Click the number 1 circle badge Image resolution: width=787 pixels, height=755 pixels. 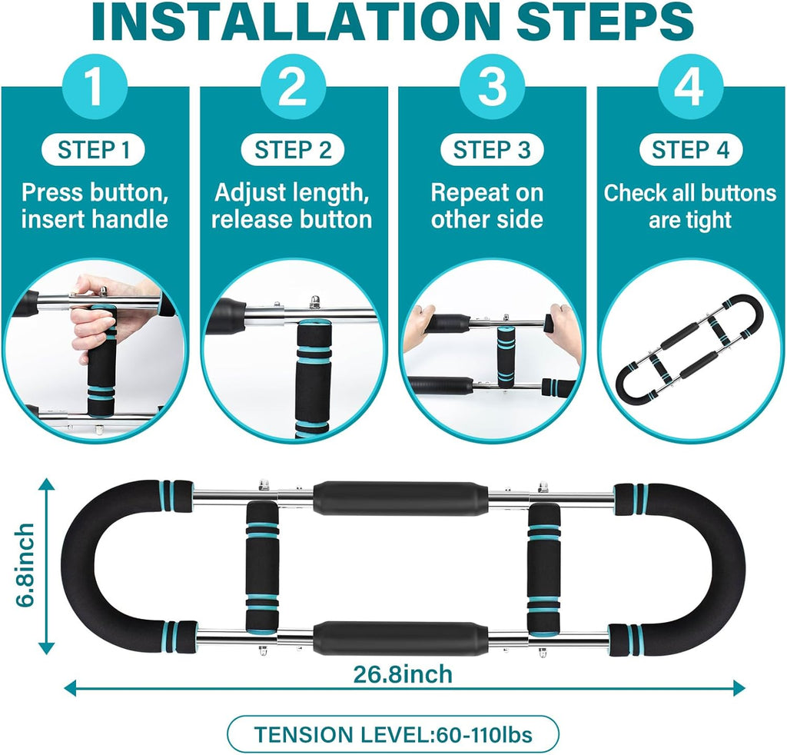(x=95, y=86)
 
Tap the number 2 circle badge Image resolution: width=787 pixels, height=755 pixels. (x=293, y=86)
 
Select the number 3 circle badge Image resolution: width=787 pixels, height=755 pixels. (x=492, y=86)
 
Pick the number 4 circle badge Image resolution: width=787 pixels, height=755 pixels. (x=691, y=86)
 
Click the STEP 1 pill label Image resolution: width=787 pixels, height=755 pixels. (x=93, y=150)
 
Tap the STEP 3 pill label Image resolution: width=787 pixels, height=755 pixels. (x=492, y=150)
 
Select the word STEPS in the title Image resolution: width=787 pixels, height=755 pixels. (x=606, y=22)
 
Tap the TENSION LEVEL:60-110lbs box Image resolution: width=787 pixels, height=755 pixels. (x=393, y=734)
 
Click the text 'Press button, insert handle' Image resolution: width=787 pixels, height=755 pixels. (x=95, y=206)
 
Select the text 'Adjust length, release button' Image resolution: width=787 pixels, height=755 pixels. (x=291, y=206)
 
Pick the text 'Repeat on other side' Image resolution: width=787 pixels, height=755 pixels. (x=486, y=206)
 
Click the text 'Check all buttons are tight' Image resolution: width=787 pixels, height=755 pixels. (x=690, y=206)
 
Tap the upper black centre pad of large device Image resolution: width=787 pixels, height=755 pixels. (x=400, y=498)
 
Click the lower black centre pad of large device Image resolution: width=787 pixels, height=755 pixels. (x=400, y=639)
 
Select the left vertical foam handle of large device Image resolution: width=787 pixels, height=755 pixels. (x=262, y=566)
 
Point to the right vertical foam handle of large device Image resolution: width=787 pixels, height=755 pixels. (x=544, y=566)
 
